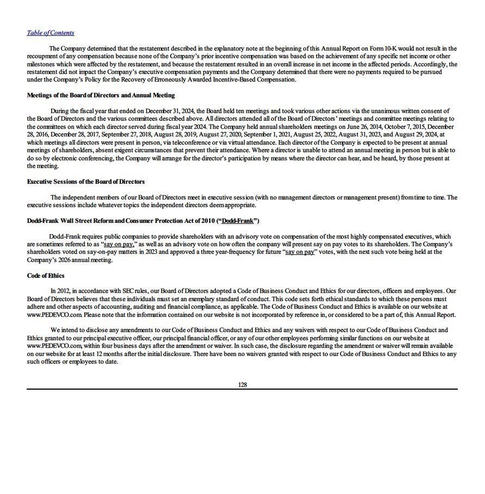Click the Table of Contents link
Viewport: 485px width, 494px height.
pos(51,33)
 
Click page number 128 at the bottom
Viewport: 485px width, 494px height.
pos(242,385)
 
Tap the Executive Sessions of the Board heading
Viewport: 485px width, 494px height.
pos(86,182)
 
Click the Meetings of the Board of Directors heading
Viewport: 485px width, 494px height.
pos(101,95)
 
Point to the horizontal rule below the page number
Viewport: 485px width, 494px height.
pos(242,389)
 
